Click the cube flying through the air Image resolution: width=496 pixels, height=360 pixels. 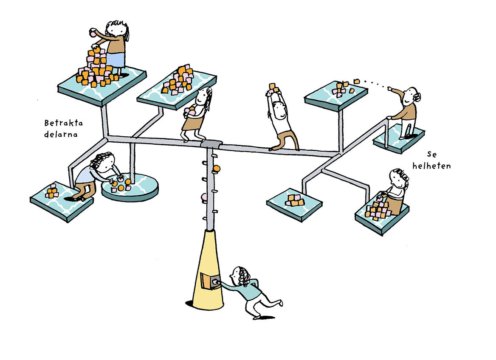pyautogui.click(x=357, y=81)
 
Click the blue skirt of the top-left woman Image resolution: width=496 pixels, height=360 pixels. pyautogui.click(x=116, y=59)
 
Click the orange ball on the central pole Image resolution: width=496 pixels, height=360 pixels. pyautogui.click(x=217, y=169)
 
